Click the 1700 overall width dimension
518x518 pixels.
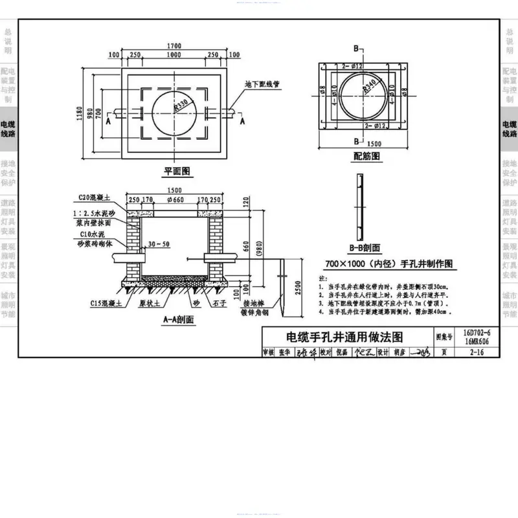[x=174, y=46]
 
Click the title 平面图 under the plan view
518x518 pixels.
[x=175, y=172]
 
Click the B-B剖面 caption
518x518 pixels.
[x=365, y=247]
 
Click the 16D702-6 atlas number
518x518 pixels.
[x=477, y=333]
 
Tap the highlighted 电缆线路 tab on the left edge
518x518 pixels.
[x=8, y=129]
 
